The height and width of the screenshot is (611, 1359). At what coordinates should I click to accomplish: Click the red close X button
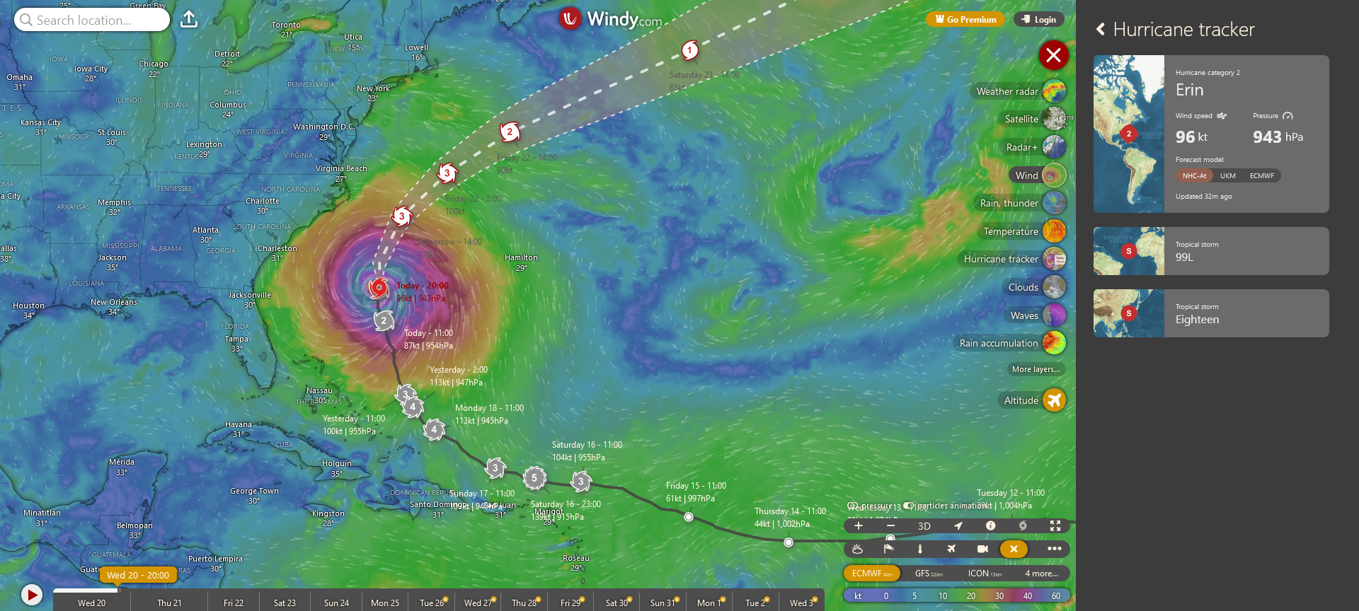coord(1053,55)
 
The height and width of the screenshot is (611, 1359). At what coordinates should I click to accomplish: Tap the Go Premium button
coord(965,20)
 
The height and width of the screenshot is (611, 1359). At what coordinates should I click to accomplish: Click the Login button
coord(1038,20)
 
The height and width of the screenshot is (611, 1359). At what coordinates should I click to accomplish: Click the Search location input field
coord(92,20)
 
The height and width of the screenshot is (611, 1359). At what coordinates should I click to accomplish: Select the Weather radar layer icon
coord(1054,91)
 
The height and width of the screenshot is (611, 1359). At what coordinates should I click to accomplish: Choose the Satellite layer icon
coord(1054,119)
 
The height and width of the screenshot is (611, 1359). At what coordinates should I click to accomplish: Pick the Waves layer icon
coord(1054,315)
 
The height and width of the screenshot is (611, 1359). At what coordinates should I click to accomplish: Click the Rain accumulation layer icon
coord(1054,343)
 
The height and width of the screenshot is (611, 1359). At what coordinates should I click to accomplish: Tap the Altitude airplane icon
coord(1054,400)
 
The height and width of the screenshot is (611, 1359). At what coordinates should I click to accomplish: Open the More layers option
coord(1036,369)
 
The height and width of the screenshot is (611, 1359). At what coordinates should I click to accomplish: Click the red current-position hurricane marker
coord(379,288)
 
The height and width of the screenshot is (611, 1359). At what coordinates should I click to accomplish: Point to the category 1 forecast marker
coord(689,50)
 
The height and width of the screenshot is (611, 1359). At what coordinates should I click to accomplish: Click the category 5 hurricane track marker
coord(534,478)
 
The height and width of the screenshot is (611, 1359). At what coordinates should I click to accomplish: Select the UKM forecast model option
coord(1228,176)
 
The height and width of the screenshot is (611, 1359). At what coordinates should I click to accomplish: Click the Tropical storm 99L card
coord(1210,251)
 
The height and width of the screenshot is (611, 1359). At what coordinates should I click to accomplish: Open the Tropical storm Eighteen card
coord(1210,313)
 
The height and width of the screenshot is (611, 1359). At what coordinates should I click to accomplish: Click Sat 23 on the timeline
coord(285,603)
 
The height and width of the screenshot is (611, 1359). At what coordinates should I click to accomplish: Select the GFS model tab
coord(928,574)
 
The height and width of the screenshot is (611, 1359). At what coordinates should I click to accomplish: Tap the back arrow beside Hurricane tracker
coord(1101,29)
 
